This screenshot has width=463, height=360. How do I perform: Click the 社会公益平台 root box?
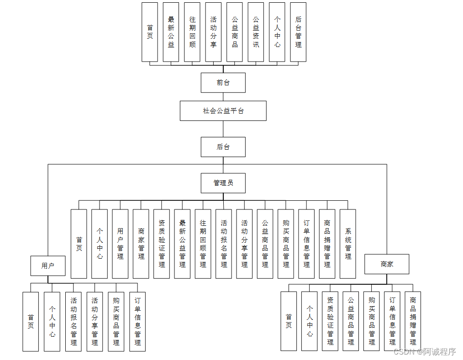pos(223,111)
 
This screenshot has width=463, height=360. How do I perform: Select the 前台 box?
pos(223,83)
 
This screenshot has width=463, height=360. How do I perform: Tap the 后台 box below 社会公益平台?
pos(223,147)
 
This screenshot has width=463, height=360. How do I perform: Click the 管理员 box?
pos(223,183)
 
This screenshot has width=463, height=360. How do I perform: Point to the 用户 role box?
pos(48,266)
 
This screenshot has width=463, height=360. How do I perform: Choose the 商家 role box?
pos(387,264)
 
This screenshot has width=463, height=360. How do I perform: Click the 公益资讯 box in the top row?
pos(256,32)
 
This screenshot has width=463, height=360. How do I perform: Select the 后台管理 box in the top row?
pos(298,32)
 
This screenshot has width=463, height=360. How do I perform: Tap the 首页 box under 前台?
pos(150,32)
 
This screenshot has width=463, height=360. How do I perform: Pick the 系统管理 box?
pos(348,244)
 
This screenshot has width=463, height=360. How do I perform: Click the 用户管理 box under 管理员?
pos(120,244)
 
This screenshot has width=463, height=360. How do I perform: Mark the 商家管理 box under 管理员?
pos(141,244)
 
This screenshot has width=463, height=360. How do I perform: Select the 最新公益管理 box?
pos(182,244)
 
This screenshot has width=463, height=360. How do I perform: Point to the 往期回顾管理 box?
pos(203,244)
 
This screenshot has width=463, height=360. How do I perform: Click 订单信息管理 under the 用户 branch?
pos(137,322)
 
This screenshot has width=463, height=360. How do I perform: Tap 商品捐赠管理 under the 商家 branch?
pos(413,322)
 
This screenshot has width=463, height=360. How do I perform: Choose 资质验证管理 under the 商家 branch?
pos(330,322)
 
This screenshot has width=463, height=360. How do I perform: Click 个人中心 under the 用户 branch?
pos(52,322)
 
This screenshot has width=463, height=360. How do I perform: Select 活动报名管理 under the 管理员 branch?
pos(224,244)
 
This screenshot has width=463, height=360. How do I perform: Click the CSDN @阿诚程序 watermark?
pos(424,352)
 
